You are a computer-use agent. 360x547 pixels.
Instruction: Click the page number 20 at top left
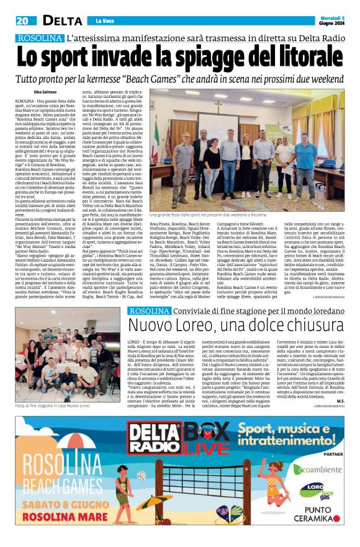(x=23, y=21)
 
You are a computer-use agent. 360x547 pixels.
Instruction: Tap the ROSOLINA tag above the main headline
(x=40, y=38)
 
